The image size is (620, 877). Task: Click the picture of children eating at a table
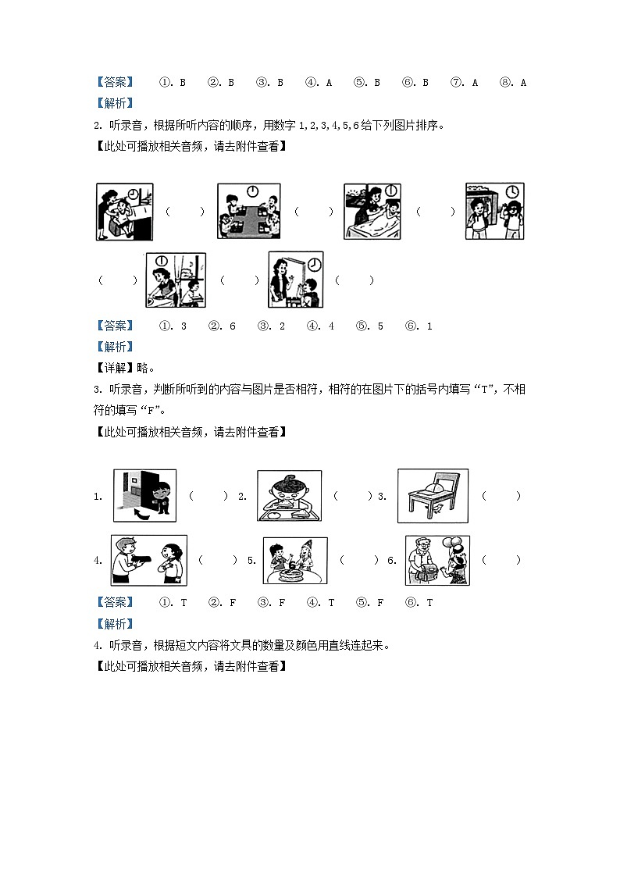click(x=248, y=212)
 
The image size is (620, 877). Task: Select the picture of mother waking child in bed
click(x=372, y=212)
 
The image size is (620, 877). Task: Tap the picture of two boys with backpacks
click(x=494, y=212)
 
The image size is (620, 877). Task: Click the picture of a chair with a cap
click(x=433, y=496)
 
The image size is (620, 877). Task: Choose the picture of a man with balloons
click(x=437, y=560)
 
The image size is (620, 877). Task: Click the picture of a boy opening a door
click(x=144, y=495)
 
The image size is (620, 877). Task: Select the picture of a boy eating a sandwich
click(x=289, y=496)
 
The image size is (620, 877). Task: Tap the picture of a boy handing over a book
click(x=148, y=560)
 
